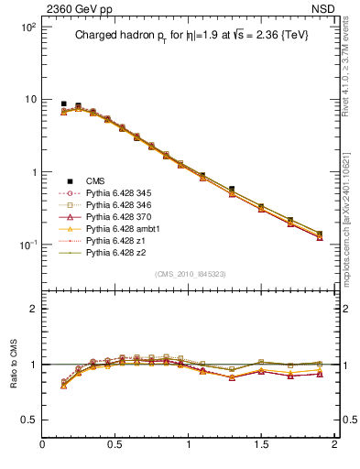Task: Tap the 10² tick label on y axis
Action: [x=28, y=27]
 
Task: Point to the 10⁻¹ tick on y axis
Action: [x=28, y=245]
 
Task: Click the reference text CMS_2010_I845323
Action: [x=189, y=275]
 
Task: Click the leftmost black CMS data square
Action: [x=63, y=104]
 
